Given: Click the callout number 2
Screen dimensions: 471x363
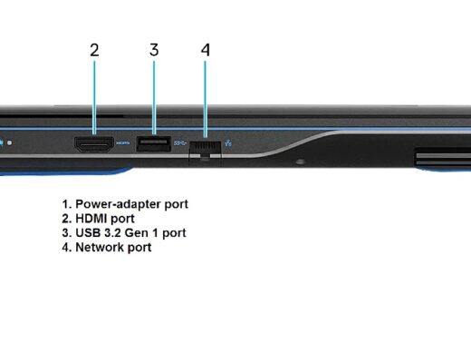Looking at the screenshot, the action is pos(94,50).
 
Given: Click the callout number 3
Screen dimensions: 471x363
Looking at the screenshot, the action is pos(154,50).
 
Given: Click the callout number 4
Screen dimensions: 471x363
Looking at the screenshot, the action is pos(206,50).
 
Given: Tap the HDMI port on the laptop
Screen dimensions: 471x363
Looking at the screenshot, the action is pos(94,144).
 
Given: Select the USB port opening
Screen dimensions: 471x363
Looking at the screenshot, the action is pos(154,144).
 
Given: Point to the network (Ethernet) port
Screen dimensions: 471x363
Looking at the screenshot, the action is pos(206,149).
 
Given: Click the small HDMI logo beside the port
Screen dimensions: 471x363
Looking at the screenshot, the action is pos(123,142).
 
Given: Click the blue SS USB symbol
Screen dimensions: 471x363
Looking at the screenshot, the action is pos(180,142).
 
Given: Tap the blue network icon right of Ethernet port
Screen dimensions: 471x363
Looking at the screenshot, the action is pos(228,142).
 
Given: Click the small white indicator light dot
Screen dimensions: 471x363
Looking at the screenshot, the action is pos(10,142).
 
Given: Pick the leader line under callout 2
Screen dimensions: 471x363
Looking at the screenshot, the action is pos(94,98).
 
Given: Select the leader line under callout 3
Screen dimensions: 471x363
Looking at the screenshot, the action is pos(154,98).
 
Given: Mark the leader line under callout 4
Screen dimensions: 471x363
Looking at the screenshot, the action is pos(206,100).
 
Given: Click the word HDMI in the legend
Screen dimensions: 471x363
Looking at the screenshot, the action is pos(91,219).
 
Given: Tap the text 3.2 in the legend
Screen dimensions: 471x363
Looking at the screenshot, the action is pos(112,233).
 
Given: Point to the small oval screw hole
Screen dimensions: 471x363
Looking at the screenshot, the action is pos(300,162).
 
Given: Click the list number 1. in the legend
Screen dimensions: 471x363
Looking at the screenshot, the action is pos(67,204).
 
